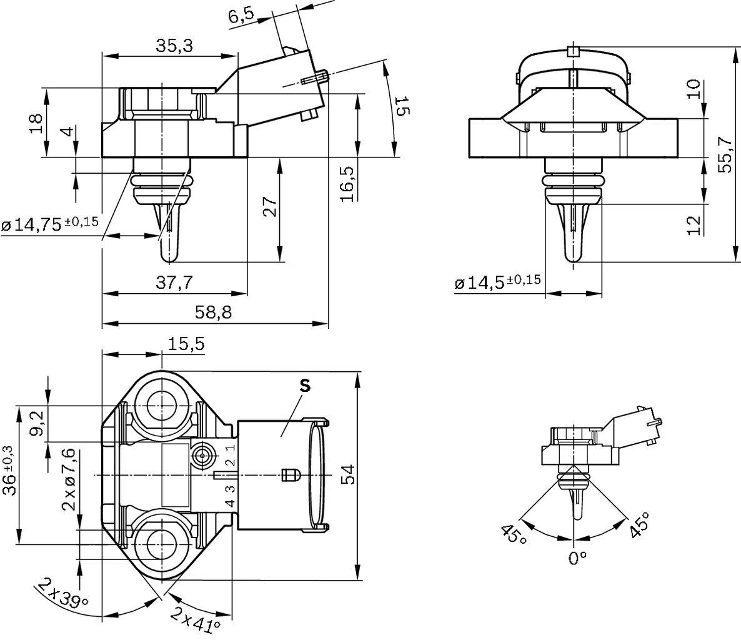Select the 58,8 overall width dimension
coord(214,312)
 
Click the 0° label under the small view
coord(578,557)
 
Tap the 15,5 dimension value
coord(186,344)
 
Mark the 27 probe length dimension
coord(269,207)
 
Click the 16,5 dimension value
coord(348,183)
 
